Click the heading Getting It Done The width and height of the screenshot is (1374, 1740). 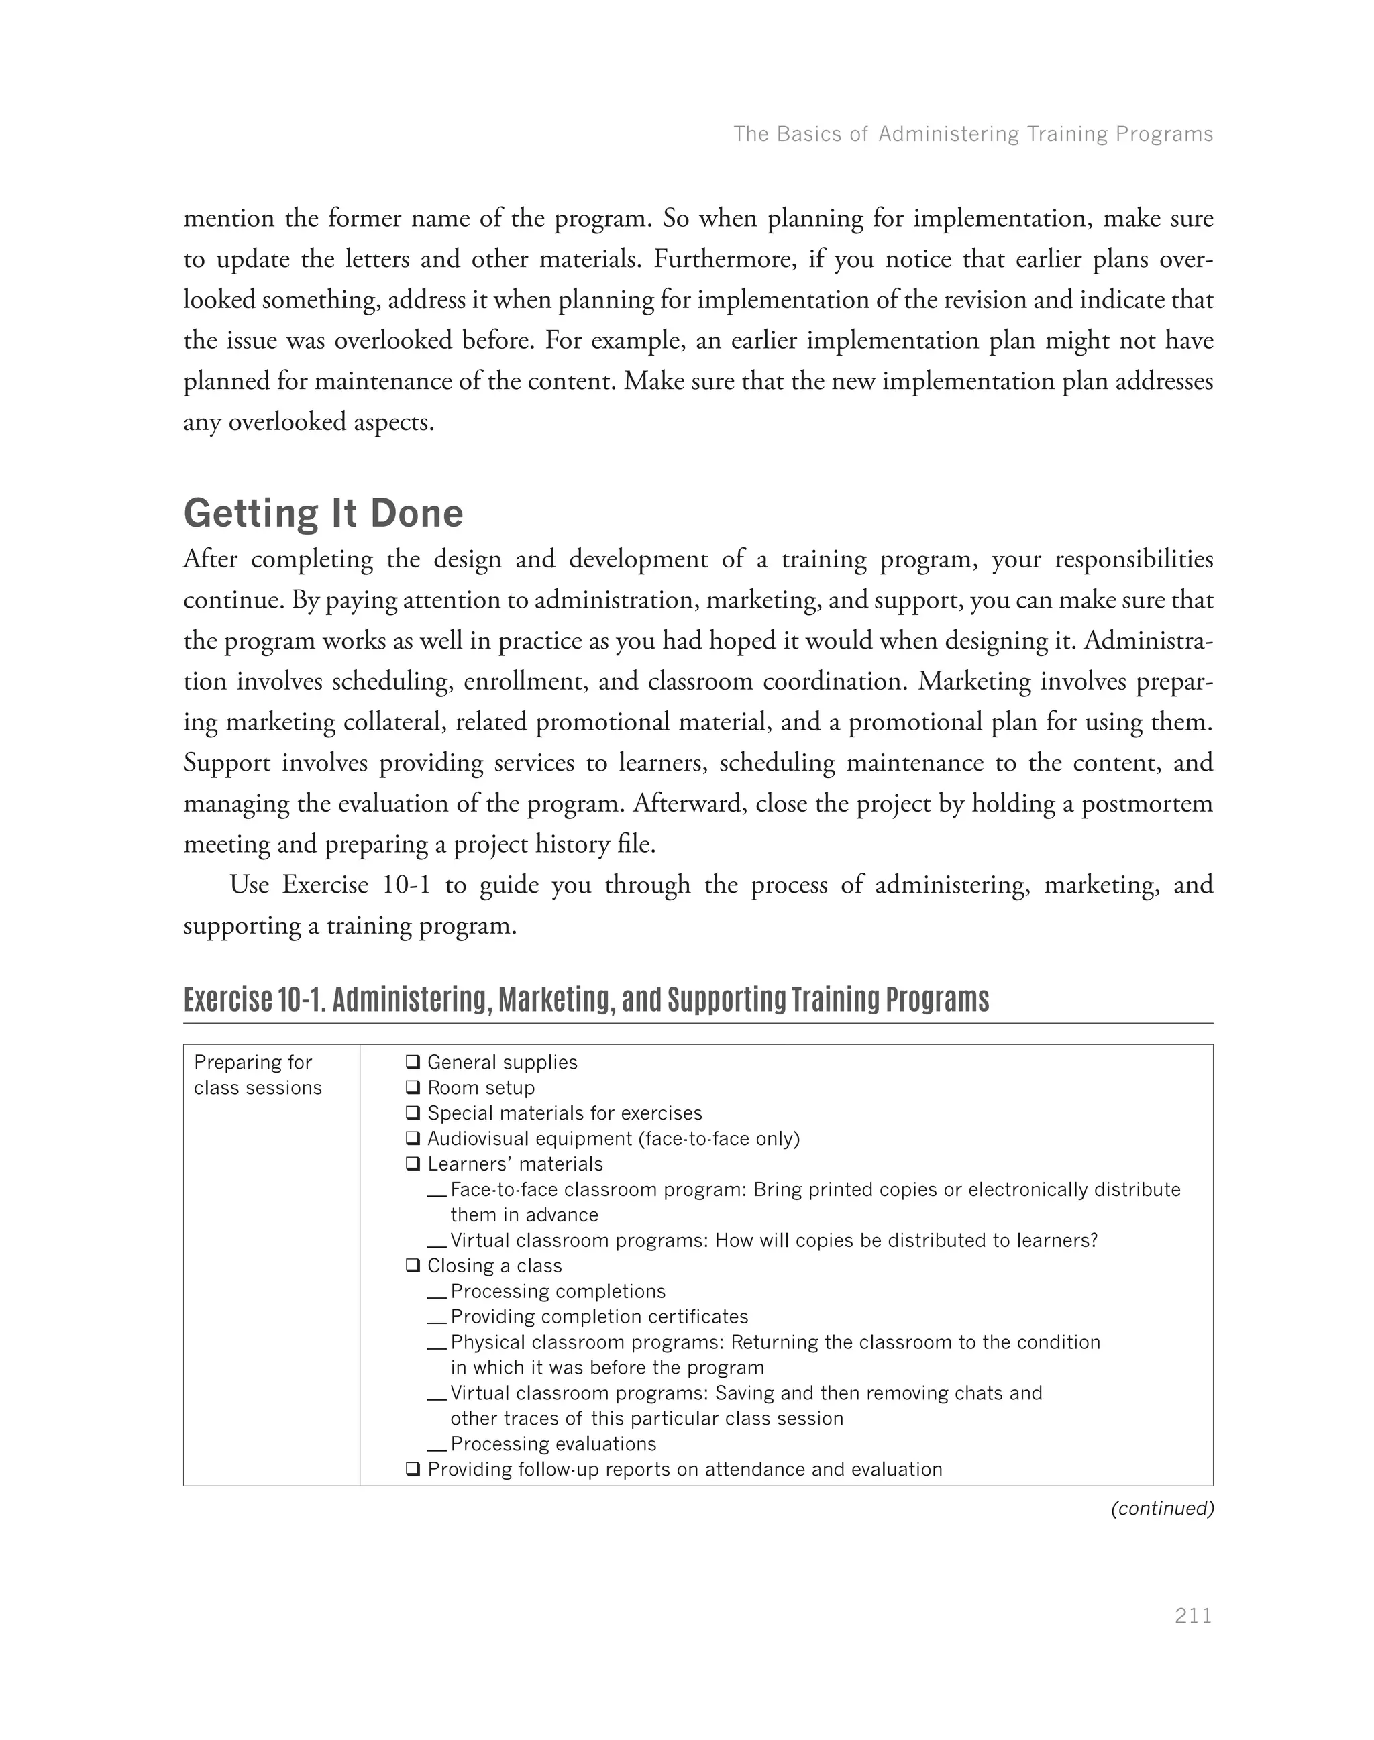click(x=323, y=513)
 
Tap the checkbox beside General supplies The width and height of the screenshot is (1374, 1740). click(x=413, y=1062)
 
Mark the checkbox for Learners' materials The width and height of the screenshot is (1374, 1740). click(x=413, y=1164)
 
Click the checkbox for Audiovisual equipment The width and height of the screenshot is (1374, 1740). click(x=413, y=1138)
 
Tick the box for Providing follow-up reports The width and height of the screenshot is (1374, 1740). click(x=413, y=1469)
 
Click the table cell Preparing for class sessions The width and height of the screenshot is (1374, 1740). click(x=258, y=1075)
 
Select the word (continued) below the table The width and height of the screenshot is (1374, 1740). click(x=1161, y=1509)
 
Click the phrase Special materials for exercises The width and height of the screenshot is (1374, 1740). click(x=564, y=1113)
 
